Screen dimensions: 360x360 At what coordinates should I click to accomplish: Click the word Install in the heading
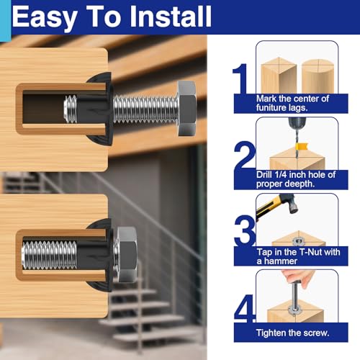tap(171, 17)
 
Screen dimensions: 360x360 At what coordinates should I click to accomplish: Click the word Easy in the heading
tap(44, 18)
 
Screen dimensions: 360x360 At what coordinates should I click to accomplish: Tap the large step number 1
tap(240, 78)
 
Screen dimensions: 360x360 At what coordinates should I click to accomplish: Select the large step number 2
tap(244, 155)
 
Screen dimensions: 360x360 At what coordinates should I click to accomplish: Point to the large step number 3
tap(244, 231)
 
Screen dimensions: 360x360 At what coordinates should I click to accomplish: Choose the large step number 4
tap(245, 308)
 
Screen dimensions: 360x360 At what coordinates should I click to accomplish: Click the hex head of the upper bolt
tap(187, 109)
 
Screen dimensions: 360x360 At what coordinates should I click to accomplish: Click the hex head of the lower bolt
tap(127, 254)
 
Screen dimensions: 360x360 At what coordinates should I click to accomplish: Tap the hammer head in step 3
tap(290, 204)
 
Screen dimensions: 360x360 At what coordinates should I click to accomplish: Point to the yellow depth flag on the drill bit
tap(302, 146)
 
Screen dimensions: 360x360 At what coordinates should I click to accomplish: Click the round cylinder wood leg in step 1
tap(318, 76)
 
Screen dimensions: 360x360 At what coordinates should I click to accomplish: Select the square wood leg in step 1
tap(279, 76)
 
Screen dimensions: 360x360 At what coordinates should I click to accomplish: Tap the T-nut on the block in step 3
tap(299, 242)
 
